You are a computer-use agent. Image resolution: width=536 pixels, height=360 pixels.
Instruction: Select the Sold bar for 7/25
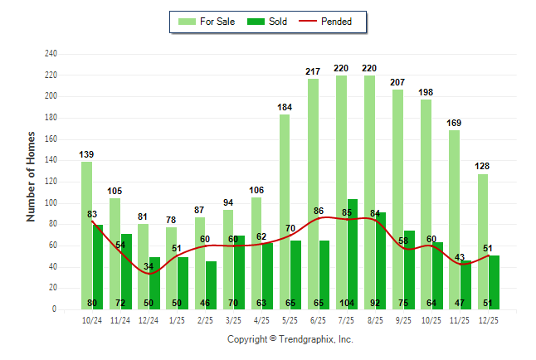point(353,254)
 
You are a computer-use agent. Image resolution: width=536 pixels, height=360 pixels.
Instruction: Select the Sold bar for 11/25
point(465,284)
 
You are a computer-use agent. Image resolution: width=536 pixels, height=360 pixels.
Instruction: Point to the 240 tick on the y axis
point(51,54)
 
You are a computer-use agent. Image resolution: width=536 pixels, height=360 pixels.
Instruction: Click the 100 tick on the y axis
point(51,202)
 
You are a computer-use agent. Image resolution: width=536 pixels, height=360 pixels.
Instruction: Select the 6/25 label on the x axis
point(318,320)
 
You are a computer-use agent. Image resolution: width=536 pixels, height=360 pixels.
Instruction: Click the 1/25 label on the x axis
point(177,320)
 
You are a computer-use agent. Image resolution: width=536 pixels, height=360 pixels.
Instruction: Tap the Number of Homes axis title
point(31,175)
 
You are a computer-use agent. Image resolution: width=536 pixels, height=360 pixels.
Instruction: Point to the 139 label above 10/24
point(86,154)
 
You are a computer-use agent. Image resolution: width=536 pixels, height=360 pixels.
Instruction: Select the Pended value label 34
point(149,266)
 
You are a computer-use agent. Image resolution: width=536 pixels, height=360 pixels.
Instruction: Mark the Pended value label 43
point(460,257)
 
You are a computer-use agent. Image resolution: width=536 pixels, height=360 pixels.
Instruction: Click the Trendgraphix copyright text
point(290,339)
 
